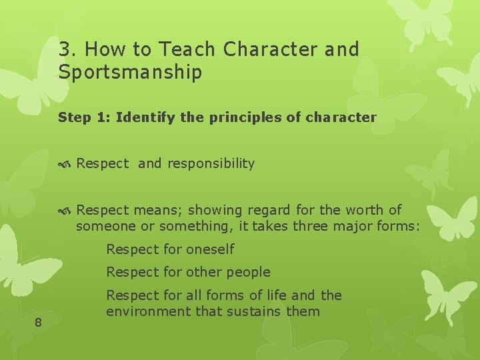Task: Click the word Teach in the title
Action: [x=187, y=49]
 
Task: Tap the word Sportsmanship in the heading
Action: [x=130, y=72]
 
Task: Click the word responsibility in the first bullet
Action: [x=211, y=163]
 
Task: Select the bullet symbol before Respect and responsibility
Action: [x=65, y=165]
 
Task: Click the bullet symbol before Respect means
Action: [x=65, y=211]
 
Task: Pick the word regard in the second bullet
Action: [x=269, y=211]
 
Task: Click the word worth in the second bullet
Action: [x=364, y=210]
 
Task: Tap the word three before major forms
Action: [x=311, y=226]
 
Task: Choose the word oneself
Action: [x=210, y=249]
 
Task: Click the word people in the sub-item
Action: [x=248, y=273]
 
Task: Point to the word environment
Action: [x=148, y=311]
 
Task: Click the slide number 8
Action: [x=38, y=323]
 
